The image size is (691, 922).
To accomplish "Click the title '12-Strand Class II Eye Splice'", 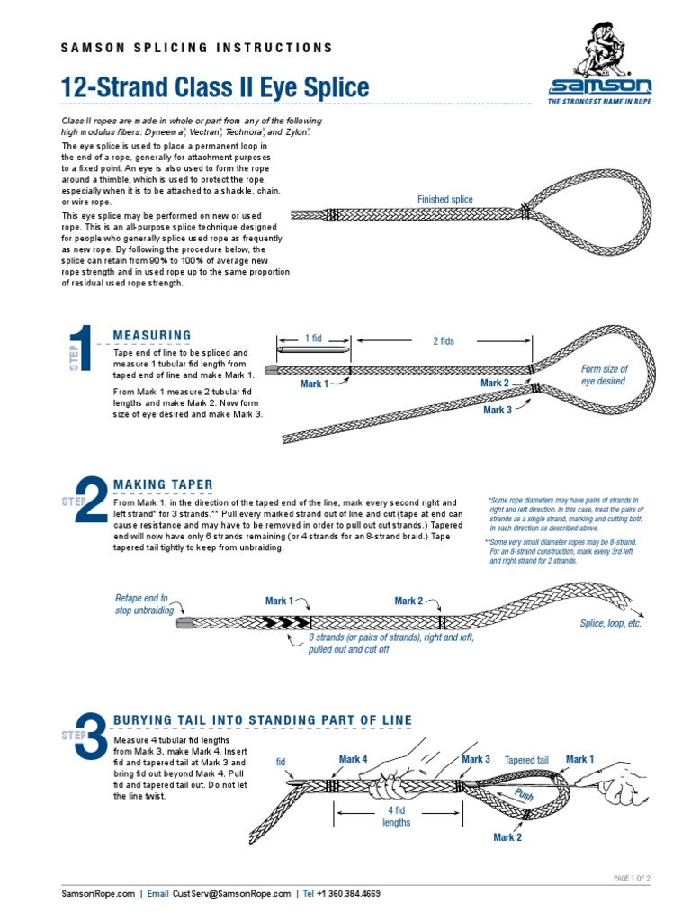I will point(214,87).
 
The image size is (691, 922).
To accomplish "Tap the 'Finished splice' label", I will point(444,199).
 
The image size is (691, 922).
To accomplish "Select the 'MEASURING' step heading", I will point(152,336).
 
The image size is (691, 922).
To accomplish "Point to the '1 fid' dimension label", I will point(313,338).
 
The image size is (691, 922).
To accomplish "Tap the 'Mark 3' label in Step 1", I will point(498,411).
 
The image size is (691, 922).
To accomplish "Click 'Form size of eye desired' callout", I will point(604,375).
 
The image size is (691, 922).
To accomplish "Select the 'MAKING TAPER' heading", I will point(163,484).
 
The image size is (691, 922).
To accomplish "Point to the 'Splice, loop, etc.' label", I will point(610,623).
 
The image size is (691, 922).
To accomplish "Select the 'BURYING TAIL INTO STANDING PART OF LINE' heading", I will point(263,719).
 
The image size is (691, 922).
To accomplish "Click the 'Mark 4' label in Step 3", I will point(353,759).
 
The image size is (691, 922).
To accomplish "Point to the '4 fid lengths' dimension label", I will point(396,816).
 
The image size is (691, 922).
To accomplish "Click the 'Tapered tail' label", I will point(526,760).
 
